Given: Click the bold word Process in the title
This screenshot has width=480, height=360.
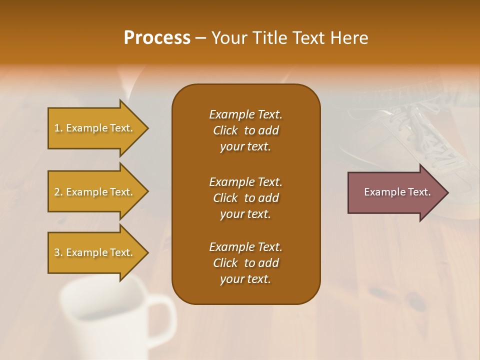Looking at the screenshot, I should tap(157, 38).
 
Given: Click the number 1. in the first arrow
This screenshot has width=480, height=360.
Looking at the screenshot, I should tap(58, 128).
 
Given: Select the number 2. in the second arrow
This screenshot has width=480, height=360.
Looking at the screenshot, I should tap(58, 192).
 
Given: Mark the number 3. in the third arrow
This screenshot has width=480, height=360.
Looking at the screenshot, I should tap(58, 252).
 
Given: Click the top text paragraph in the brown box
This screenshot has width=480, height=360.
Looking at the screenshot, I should tap(245, 130).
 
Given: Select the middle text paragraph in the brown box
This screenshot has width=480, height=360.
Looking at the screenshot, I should tap(245, 198).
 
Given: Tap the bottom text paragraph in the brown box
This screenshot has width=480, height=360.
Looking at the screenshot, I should tap(245, 263).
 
